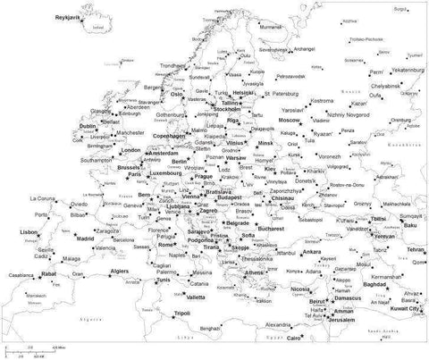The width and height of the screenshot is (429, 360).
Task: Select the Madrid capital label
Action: pyautogui.click(x=87, y=239)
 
